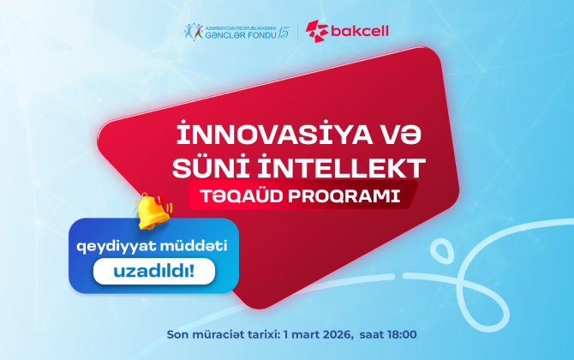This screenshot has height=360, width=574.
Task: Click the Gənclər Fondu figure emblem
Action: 192,32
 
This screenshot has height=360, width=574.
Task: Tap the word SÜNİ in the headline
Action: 202,166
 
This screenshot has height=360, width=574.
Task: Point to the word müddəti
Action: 186,246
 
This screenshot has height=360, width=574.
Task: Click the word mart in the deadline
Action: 295,332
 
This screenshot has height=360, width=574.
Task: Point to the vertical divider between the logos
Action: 297,32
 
